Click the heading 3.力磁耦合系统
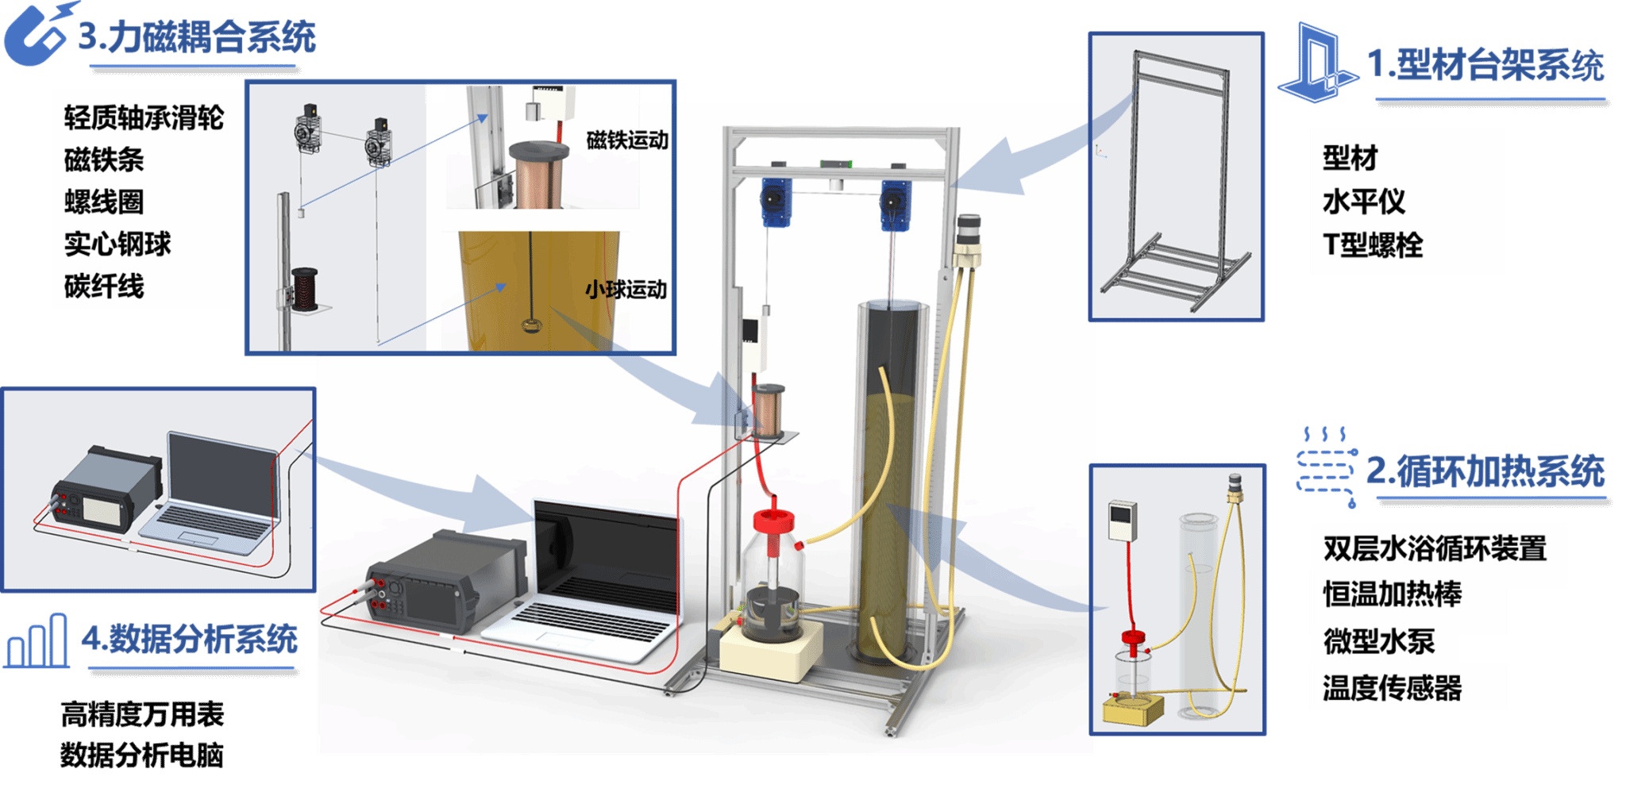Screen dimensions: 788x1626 [197, 37]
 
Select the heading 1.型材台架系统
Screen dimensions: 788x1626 [1485, 64]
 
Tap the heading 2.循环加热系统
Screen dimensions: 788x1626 [1485, 471]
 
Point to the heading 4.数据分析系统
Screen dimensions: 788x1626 [191, 639]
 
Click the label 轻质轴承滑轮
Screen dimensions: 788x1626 [144, 118]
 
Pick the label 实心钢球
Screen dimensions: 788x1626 [118, 244]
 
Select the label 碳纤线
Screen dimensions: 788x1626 [104, 286]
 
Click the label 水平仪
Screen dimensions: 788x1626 [1363, 202]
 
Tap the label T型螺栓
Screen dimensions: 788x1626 [1373, 244]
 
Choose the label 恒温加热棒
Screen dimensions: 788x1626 [1392, 594]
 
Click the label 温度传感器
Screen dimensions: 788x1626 [1392, 687]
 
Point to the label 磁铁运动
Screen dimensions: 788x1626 [626, 140]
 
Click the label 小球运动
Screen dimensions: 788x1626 [626, 290]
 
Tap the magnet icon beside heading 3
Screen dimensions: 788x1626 [36, 36]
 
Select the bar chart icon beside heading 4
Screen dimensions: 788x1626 [37, 641]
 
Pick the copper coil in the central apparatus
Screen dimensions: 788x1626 [768, 409]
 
